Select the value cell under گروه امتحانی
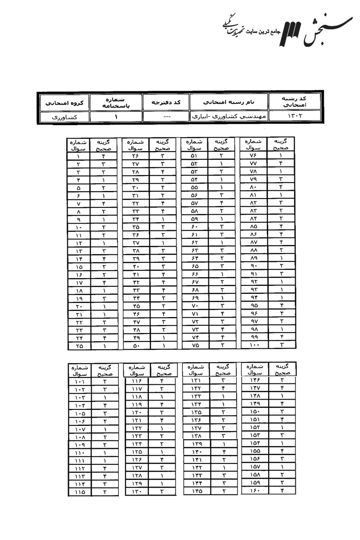point(63,117)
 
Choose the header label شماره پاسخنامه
point(116,102)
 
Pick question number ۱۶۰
point(254,490)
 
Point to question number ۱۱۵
point(78,492)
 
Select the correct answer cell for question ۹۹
point(281,337)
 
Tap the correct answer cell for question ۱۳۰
point(162,492)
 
